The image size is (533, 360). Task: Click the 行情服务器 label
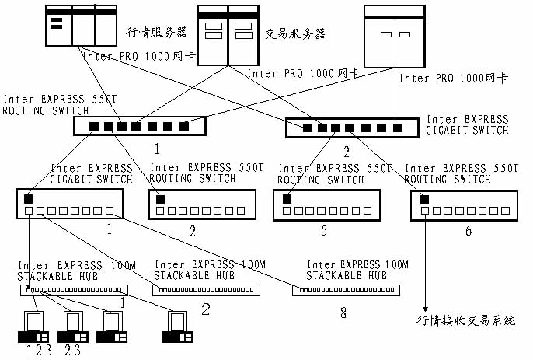pyautogui.click(x=156, y=32)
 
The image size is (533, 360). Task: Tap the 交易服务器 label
pyautogui.click(x=295, y=33)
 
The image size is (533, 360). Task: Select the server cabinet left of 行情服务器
pyautogui.click(x=82, y=26)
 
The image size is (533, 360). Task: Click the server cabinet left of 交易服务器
pyautogui.click(x=228, y=35)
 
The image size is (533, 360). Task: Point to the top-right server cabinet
pyautogui.click(x=395, y=37)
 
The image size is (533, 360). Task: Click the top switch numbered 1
pyautogui.click(x=140, y=126)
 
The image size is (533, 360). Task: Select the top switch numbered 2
pyautogui.click(x=352, y=128)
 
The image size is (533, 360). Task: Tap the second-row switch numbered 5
pyautogui.click(x=326, y=205)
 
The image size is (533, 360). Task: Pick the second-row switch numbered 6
pyautogui.click(x=465, y=206)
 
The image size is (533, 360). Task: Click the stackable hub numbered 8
pyautogui.click(x=346, y=290)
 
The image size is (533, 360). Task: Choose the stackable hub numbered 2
pyautogui.click(x=207, y=290)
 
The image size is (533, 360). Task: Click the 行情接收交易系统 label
pyautogui.click(x=466, y=320)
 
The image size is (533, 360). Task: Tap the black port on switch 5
pyautogui.click(x=287, y=199)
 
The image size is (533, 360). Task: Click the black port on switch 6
pyautogui.click(x=424, y=200)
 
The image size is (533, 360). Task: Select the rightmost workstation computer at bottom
pyautogui.click(x=177, y=327)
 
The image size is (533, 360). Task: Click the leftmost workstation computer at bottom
pyautogui.click(x=33, y=327)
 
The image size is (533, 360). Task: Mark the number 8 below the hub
pyautogui.click(x=343, y=313)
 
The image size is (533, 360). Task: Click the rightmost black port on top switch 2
pyautogui.click(x=398, y=128)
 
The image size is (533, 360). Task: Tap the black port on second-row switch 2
pyautogui.click(x=160, y=200)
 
